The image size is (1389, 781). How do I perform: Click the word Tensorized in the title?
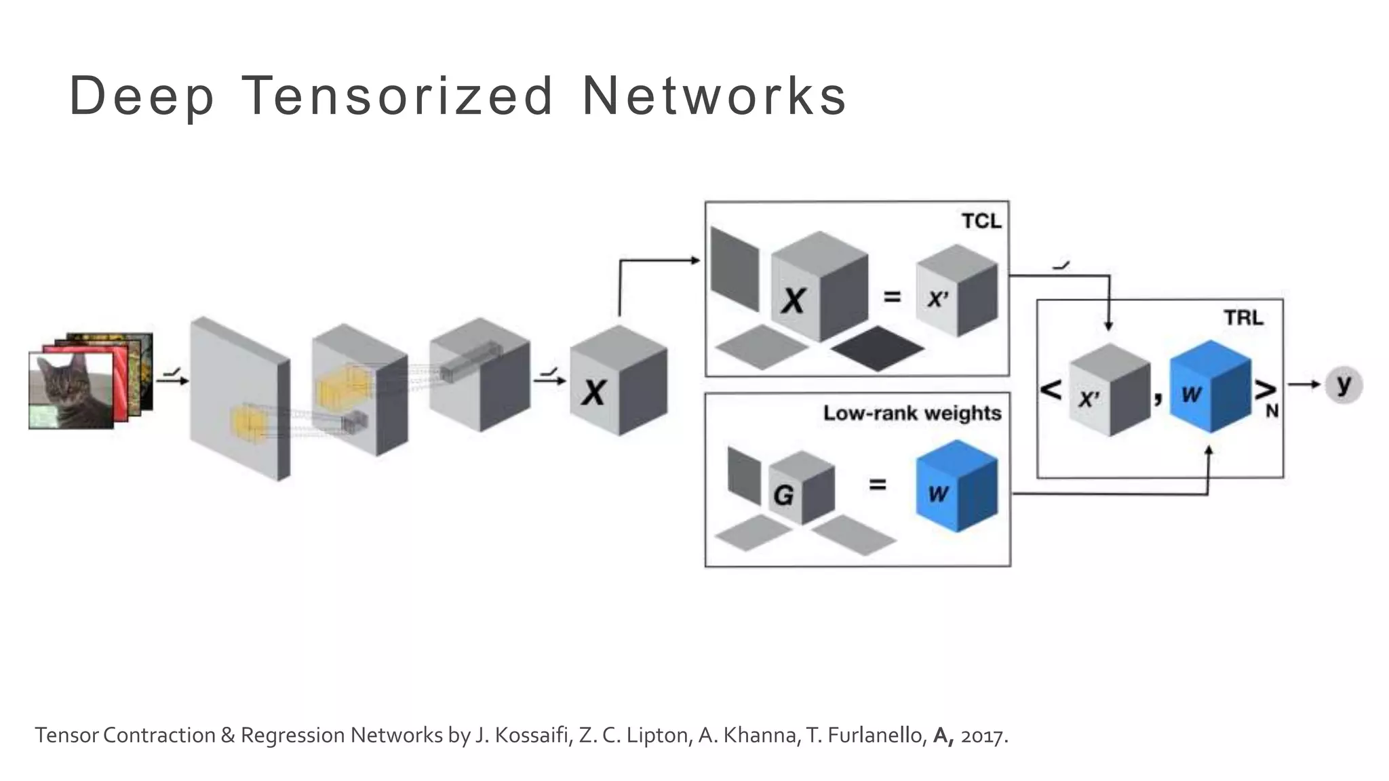[x=397, y=96]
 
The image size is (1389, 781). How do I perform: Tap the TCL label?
[x=981, y=221]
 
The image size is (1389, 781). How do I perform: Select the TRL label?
[x=1243, y=317]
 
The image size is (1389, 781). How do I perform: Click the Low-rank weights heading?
[x=912, y=413]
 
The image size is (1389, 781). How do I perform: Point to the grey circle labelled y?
[x=1344, y=385]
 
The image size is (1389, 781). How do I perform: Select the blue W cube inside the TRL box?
[x=1210, y=388]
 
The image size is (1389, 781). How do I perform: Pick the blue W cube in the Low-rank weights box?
[x=956, y=486]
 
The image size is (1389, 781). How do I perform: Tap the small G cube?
[x=801, y=489]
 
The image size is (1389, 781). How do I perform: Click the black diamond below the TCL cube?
[x=878, y=348]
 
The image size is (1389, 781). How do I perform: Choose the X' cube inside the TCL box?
[x=956, y=292]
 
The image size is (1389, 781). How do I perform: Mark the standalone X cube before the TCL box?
[x=618, y=382]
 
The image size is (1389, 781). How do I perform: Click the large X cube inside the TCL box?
[x=819, y=288]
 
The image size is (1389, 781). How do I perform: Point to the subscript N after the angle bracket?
[x=1272, y=411]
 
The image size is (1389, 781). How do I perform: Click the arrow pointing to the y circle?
[x=1304, y=384]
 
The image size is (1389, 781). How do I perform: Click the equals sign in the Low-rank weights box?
[x=877, y=484]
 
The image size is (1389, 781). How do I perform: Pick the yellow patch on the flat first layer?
[x=248, y=422]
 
